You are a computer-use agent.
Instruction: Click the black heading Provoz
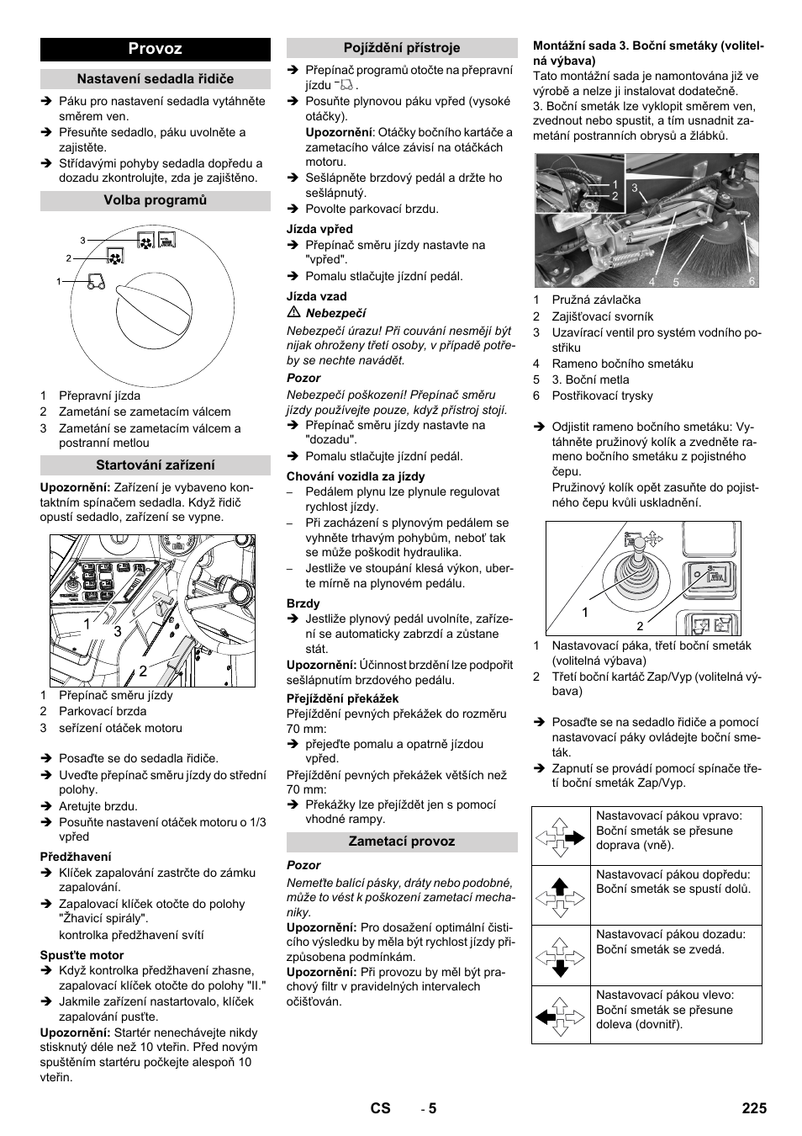[x=155, y=49]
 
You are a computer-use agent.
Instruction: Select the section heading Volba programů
[x=155, y=200]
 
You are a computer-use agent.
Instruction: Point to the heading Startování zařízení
[x=155, y=465]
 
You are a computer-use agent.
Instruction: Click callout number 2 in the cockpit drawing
[x=143, y=670]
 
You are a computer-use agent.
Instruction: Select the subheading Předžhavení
[x=76, y=857]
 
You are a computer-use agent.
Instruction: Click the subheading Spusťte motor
[x=82, y=955]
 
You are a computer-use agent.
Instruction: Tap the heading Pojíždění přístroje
[x=402, y=49]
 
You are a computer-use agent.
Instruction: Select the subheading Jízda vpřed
[x=319, y=229]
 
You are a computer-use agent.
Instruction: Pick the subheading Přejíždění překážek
[x=342, y=698]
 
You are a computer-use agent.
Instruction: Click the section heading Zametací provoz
[x=402, y=841]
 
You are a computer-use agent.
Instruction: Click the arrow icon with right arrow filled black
[x=561, y=837]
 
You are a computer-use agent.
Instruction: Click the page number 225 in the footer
[x=754, y=1108]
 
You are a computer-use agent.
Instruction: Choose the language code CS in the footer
[x=380, y=1108]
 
